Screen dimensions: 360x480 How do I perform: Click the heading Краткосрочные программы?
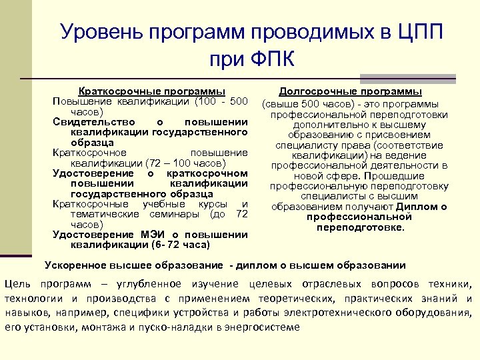coord(151,91)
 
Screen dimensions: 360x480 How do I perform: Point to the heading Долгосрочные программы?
coord(350,91)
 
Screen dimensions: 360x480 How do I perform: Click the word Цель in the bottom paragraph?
coord(17,284)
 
